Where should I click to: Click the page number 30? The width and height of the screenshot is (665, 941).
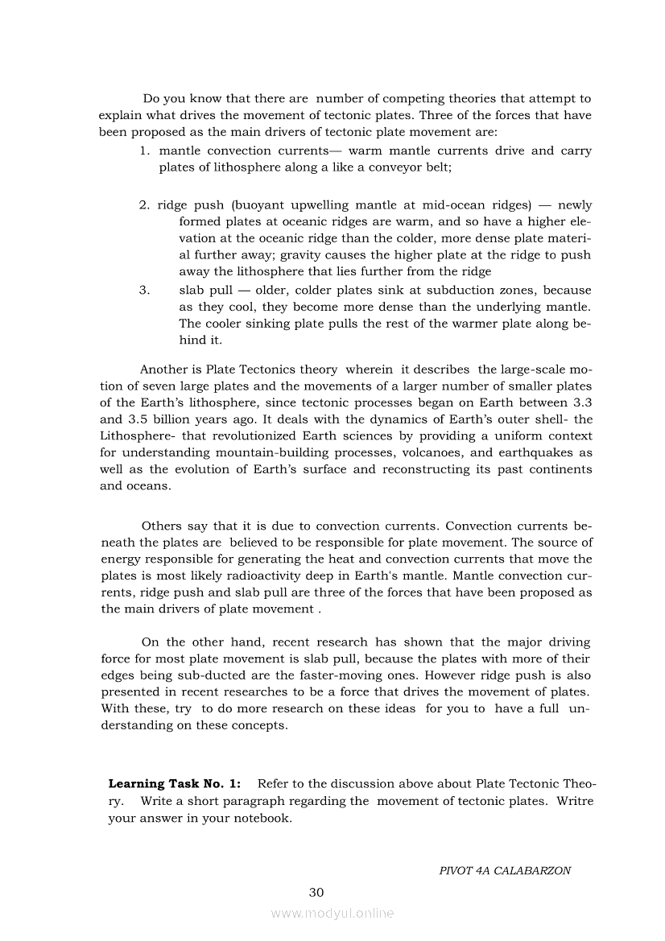click(316, 892)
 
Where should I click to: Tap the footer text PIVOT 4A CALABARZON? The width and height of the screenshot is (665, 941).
click(505, 870)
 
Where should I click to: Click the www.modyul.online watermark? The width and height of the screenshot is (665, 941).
click(332, 913)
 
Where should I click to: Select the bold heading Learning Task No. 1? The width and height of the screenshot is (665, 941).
click(174, 783)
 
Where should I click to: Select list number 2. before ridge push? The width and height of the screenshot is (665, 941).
click(144, 205)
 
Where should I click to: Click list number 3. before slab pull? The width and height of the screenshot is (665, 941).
click(144, 290)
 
